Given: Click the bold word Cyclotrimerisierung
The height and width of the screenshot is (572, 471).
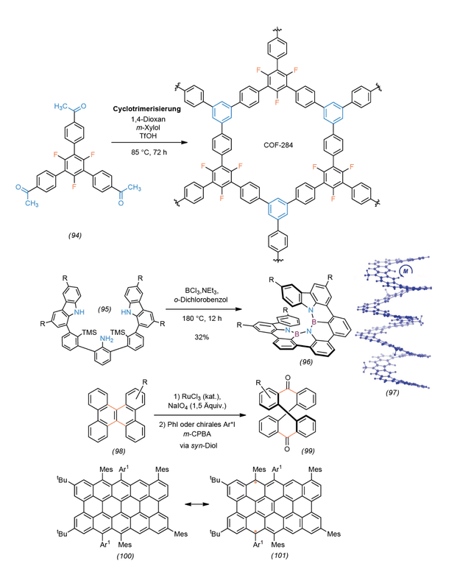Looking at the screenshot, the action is point(147,109).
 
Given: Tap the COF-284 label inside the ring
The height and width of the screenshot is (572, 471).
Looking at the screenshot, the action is point(278,145).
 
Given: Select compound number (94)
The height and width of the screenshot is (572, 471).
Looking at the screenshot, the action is point(75,236).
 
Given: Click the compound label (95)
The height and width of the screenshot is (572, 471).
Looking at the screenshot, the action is point(105,309).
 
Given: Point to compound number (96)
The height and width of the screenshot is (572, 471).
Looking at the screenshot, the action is point(306,362).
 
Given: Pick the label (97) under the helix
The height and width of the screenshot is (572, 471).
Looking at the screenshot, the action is point(392,392).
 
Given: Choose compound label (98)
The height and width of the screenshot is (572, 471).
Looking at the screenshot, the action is point(118,451).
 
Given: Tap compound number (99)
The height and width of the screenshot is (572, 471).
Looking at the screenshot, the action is point(308,451).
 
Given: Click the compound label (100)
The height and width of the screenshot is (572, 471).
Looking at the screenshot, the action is point(125,556).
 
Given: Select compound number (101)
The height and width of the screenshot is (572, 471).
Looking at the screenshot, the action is point(280,556).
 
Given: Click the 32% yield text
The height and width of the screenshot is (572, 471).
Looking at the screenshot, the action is point(202,337).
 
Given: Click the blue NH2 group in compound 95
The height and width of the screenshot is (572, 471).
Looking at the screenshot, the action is point(107,339).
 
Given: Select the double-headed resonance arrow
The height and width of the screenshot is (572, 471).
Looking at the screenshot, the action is point(196,504).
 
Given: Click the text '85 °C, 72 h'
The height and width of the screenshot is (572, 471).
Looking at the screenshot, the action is point(149,152).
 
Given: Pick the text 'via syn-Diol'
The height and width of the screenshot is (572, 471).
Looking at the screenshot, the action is point(198,445).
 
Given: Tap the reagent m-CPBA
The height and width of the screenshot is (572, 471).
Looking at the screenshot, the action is point(198,434).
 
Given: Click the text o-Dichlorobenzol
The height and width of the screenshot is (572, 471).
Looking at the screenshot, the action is point(201,300).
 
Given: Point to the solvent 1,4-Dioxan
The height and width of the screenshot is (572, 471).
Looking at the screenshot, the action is point(149,119).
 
